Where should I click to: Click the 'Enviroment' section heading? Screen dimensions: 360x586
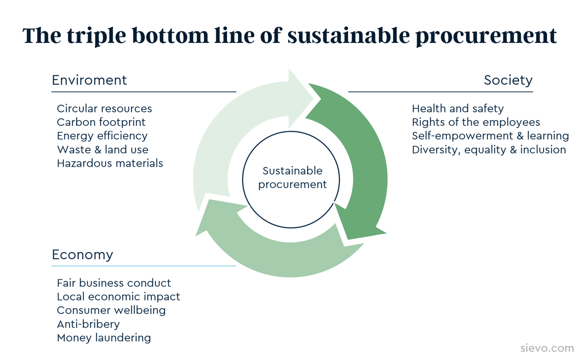(x=89, y=80)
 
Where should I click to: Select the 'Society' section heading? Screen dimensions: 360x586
(x=508, y=80)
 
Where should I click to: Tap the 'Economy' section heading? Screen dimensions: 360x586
(x=82, y=254)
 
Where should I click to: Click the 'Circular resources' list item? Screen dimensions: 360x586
(x=104, y=108)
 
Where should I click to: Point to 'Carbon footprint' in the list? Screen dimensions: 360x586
(x=101, y=122)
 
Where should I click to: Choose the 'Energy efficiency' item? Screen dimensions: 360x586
(x=102, y=136)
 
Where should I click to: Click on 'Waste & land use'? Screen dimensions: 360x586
(x=103, y=149)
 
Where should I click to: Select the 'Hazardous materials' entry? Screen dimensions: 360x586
(x=110, y=163)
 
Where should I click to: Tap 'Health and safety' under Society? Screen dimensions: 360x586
(x=458, y=108)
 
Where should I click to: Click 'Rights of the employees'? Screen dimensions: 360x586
(x=476, y=122)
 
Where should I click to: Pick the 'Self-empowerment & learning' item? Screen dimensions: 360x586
(x=490, y=136)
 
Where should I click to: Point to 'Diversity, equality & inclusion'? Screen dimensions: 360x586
(x=489, y=149)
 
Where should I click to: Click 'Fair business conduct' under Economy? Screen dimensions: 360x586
(x=114, y=283)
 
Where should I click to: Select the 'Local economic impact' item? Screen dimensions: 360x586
(x=118, y=296)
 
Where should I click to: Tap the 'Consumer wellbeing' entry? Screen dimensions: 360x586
(x=111, y=310)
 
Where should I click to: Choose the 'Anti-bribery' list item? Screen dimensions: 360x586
(x=88, y=324)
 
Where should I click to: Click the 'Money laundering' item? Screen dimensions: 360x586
(x=104, y=338)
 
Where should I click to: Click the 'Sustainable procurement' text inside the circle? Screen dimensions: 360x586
(x=292, y=178)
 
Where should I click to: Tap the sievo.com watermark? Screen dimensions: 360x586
(x=547, y=348)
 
